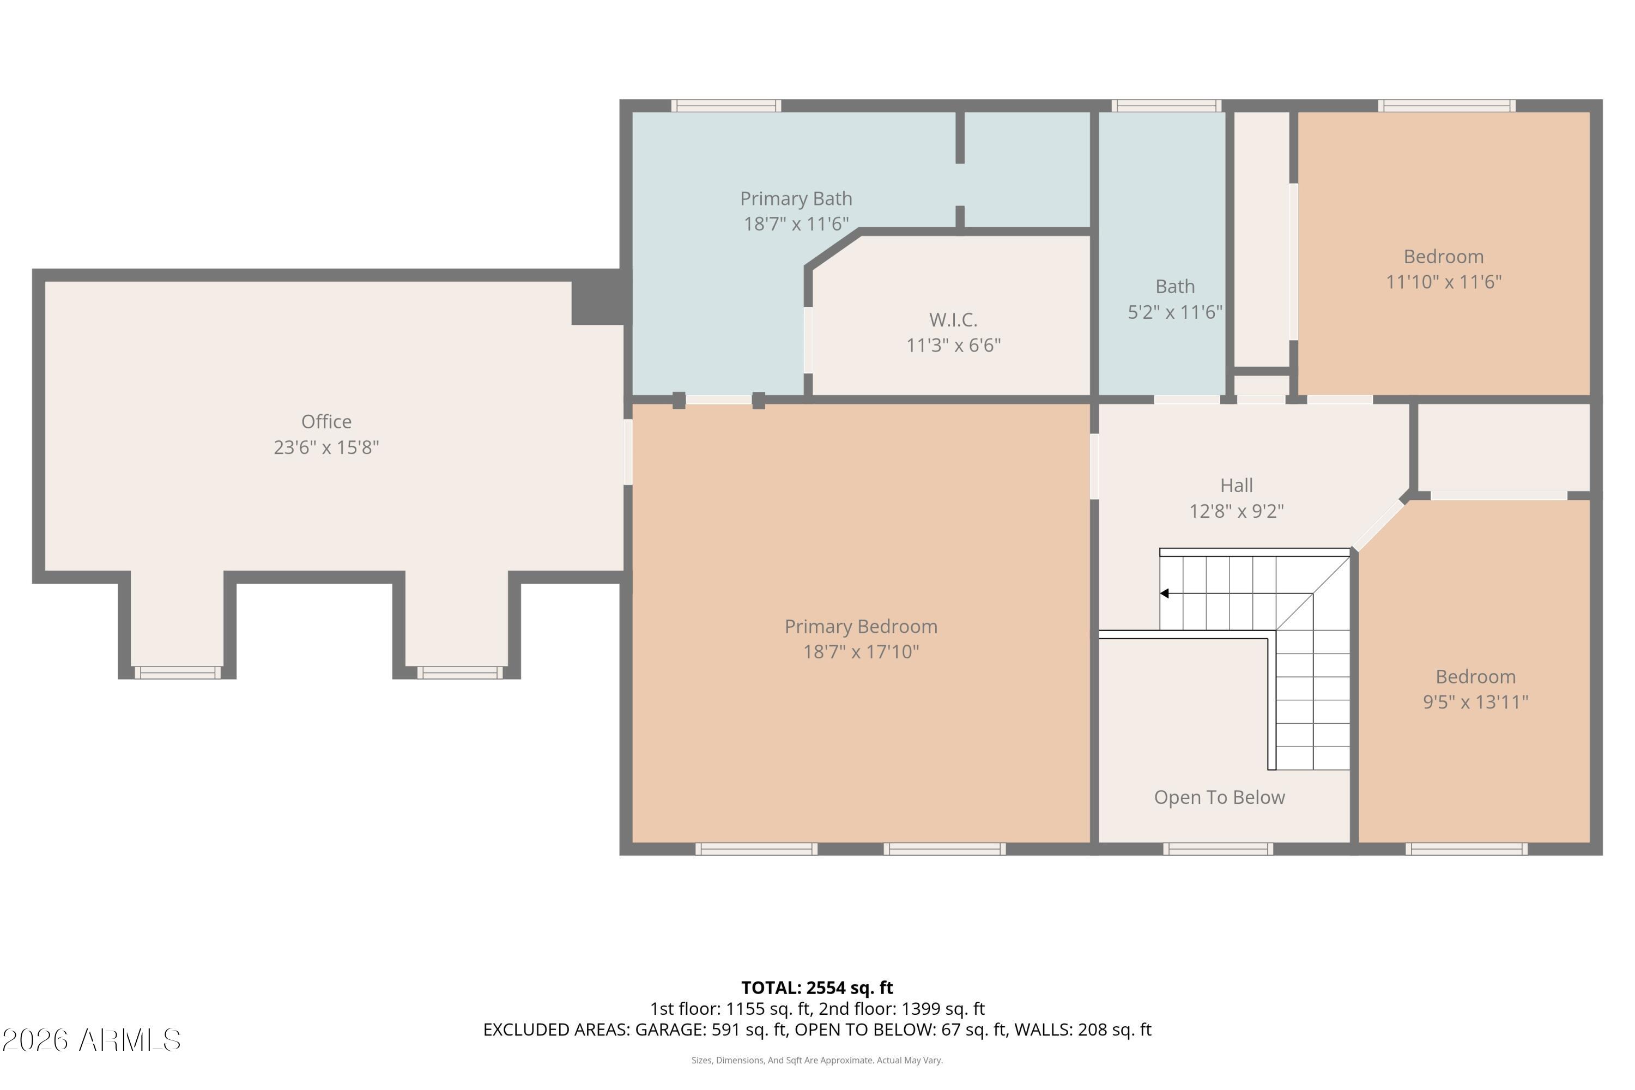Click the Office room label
coord(326,421)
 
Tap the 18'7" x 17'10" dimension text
coord(861,652)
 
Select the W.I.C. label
coord(953,320)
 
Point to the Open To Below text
coord(1219,797)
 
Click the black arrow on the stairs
coord(1164,593)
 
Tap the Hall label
coord(1236,485)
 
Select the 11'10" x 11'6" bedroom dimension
coord(1443,282)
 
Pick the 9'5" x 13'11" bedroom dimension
coord(1475,702)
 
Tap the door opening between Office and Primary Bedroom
coord(628,452)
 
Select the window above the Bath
coord(1166,106)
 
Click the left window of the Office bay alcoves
coord(177,672)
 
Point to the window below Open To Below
coord(1218,849)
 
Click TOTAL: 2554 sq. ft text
coord(817,988)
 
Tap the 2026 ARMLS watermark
coord(91,1040)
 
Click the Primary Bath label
coord(795,199)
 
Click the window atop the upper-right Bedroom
coord(1446,106)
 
